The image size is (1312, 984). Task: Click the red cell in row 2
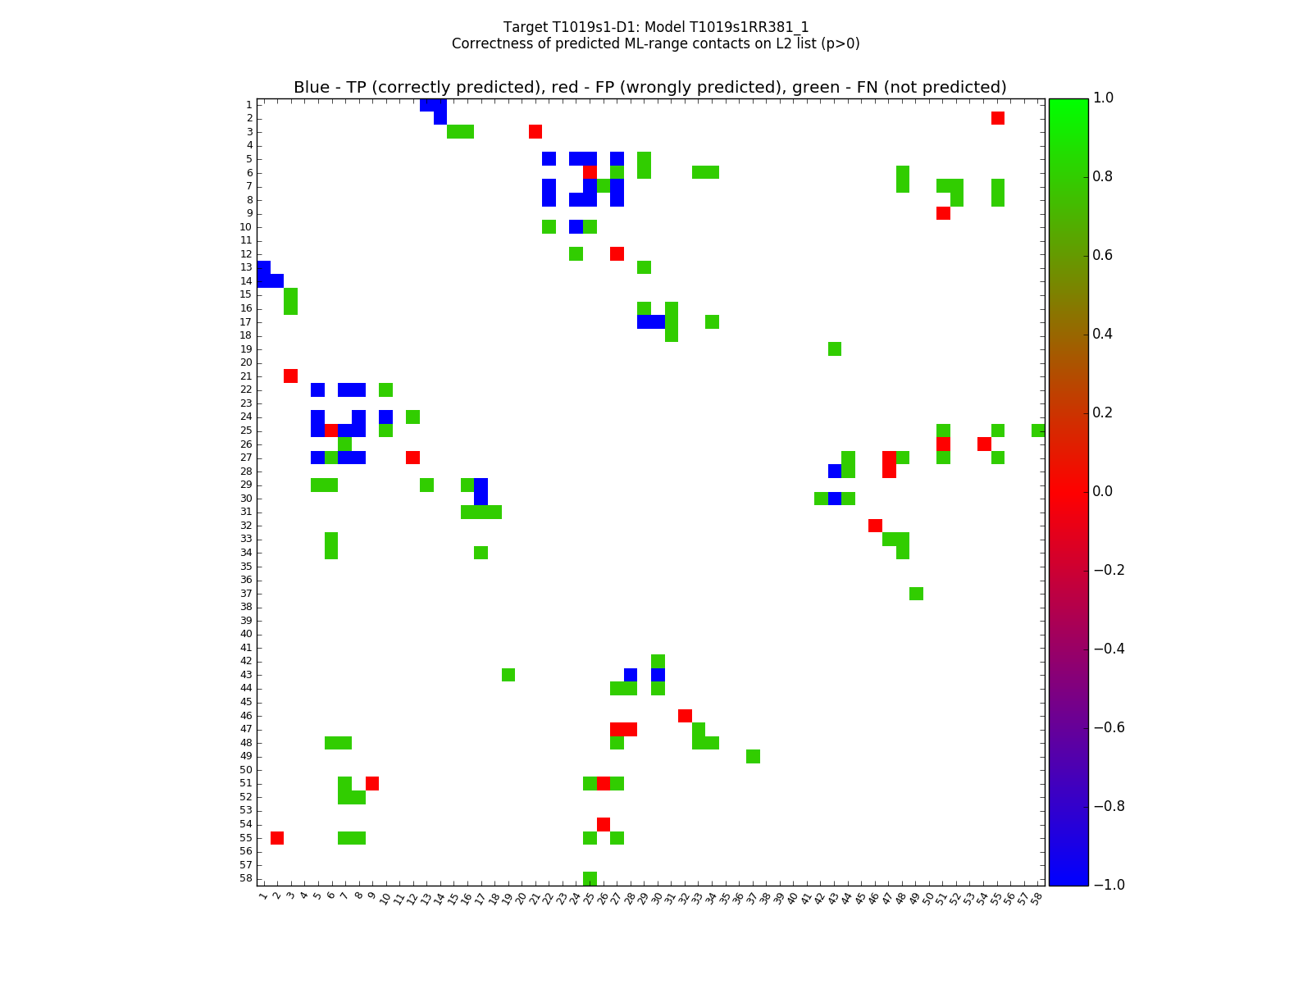click(998, 118)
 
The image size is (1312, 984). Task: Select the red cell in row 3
click(535, 131)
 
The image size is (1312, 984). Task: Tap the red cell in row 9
click(943, 213)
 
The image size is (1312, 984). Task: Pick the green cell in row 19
click(835, 348)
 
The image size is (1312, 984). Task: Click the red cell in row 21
click(290, 376)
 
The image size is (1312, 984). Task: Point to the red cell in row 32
click(875, 525)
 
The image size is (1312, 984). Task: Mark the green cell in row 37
click(916, 593)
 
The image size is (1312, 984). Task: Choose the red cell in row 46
click(685, 715)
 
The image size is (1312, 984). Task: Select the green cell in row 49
click(753, 756)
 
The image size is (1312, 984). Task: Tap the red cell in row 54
click(604, 824)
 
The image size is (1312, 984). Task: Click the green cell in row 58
click(590, 878)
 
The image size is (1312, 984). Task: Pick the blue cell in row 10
click(576, 226)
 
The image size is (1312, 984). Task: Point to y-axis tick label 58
click(246, 878)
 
